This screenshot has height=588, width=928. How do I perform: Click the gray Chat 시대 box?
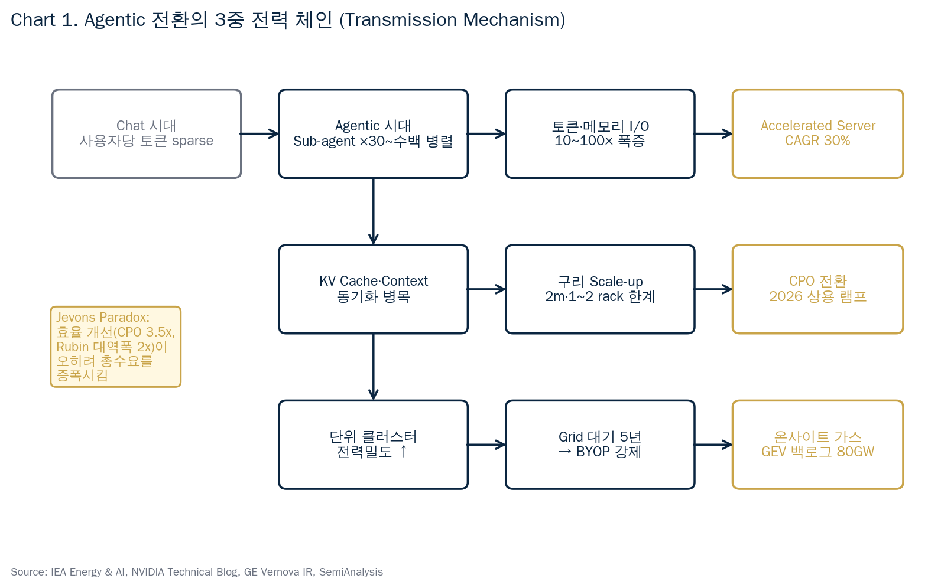pyautogui.click(x=147, y=133)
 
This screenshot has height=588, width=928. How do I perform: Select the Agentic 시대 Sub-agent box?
pyautogui.click(x=373, y=133)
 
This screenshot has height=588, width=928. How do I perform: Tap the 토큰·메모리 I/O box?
pyautogui.click(x=600, y=133)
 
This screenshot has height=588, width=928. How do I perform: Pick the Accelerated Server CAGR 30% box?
pyautogui.click(x=817, y=133)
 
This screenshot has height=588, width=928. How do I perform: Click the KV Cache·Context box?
pyautogui.click(x=373, y=289)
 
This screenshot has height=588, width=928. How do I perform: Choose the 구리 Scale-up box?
pyautogui.click(x=600, y=289)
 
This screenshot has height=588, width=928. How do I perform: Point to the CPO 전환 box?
pyautogui.click(x=817, y=289)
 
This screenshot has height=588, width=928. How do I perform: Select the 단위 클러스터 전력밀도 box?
pyautogui.click(x=373, y=445)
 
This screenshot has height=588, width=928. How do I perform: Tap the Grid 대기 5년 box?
pyautogui.click(x=600, y=445)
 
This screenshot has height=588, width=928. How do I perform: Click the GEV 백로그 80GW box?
pyautogui.click(x=817, y=445)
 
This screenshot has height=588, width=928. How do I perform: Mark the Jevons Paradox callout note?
pyautogui.click(x=115, y=347)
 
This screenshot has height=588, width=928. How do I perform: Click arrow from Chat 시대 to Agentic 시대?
pyautogui.click(x=259, y=134)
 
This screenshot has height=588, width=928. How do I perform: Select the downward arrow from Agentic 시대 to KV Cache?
pyautogui.click(x=373, y=211)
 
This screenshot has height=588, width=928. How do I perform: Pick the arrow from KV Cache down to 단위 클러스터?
pyautogui.click(x=373, y=366)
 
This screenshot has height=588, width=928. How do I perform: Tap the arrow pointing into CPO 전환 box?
pyautogui.click(x=713, y=289)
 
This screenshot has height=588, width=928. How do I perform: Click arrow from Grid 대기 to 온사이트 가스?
pyautogui.click(x=713, y=445)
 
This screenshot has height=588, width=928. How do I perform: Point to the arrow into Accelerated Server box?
pyautogui.click(x=713, y=134)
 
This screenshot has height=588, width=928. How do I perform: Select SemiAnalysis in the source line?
pyautogui.click(x=351, y=572)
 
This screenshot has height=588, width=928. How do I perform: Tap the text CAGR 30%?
pyautogui.click(x=817, y=141)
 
